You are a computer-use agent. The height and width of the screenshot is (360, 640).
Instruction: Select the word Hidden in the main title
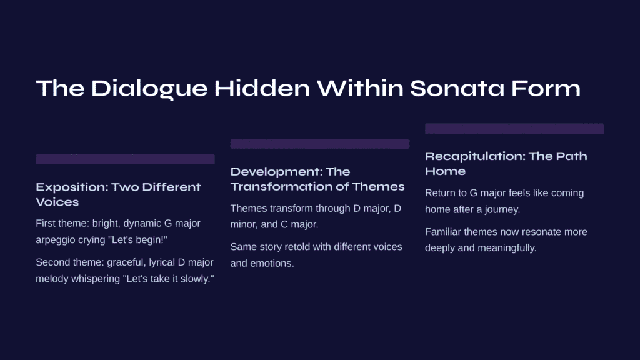(262, 88)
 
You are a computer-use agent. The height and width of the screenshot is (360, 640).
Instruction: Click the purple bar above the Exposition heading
(125, 159)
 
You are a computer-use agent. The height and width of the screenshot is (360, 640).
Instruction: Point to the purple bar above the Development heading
(319, 144)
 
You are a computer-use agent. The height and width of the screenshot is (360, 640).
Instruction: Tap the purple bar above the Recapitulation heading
(514, 129)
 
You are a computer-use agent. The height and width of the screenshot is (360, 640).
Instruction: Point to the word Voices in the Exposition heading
(57, 202)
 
